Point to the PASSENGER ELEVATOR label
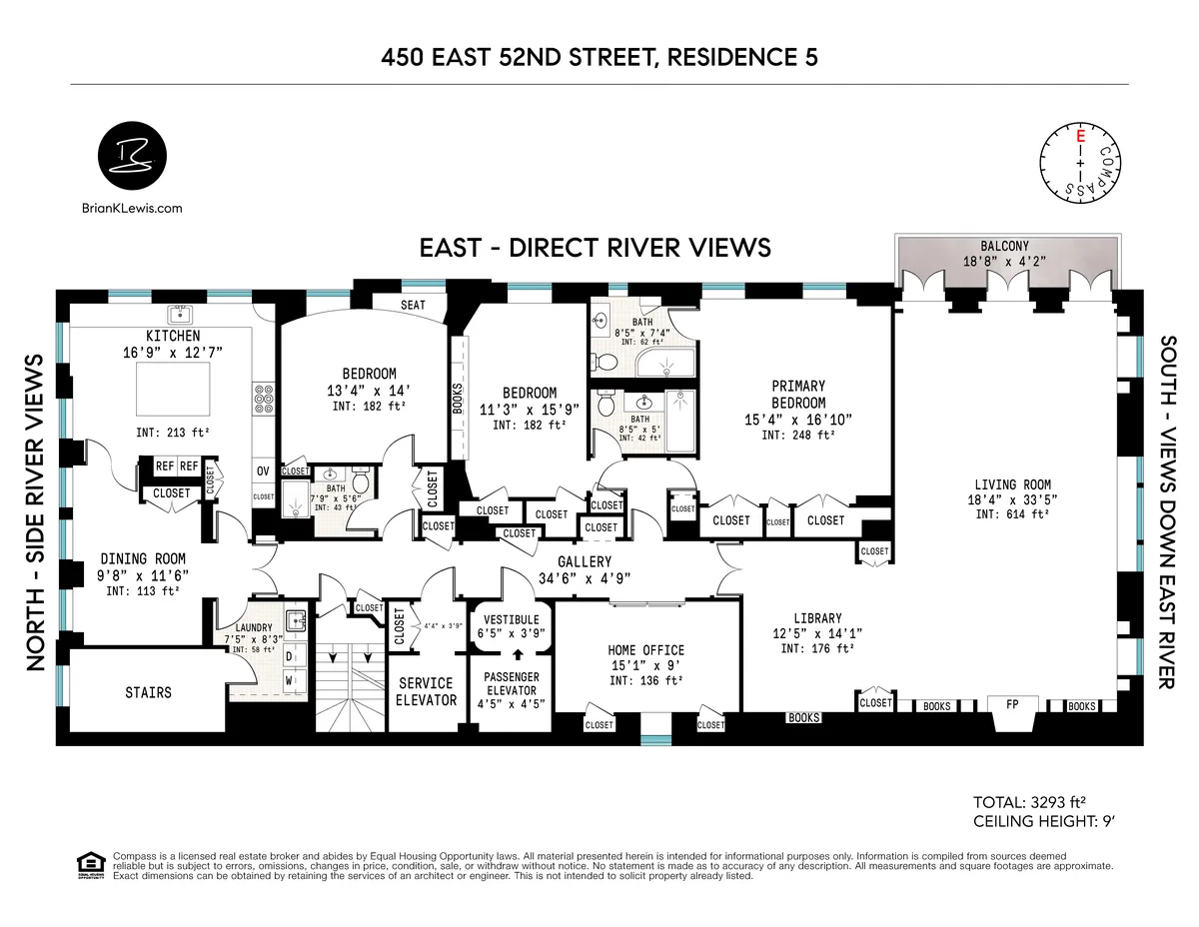click(512, 683)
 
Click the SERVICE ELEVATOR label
click(426, 691)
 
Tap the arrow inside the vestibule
click(518, 656)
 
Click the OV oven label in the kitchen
click(264, 470)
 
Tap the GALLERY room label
click(585, 562)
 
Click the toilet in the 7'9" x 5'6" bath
click(360, 482)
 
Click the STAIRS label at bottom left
click(148, 692)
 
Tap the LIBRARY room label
click(817, 618)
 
